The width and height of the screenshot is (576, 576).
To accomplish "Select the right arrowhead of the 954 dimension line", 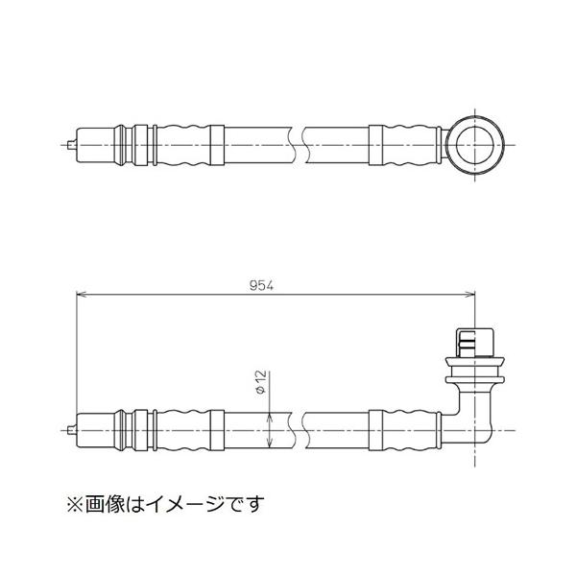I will click(x=473, y=295).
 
